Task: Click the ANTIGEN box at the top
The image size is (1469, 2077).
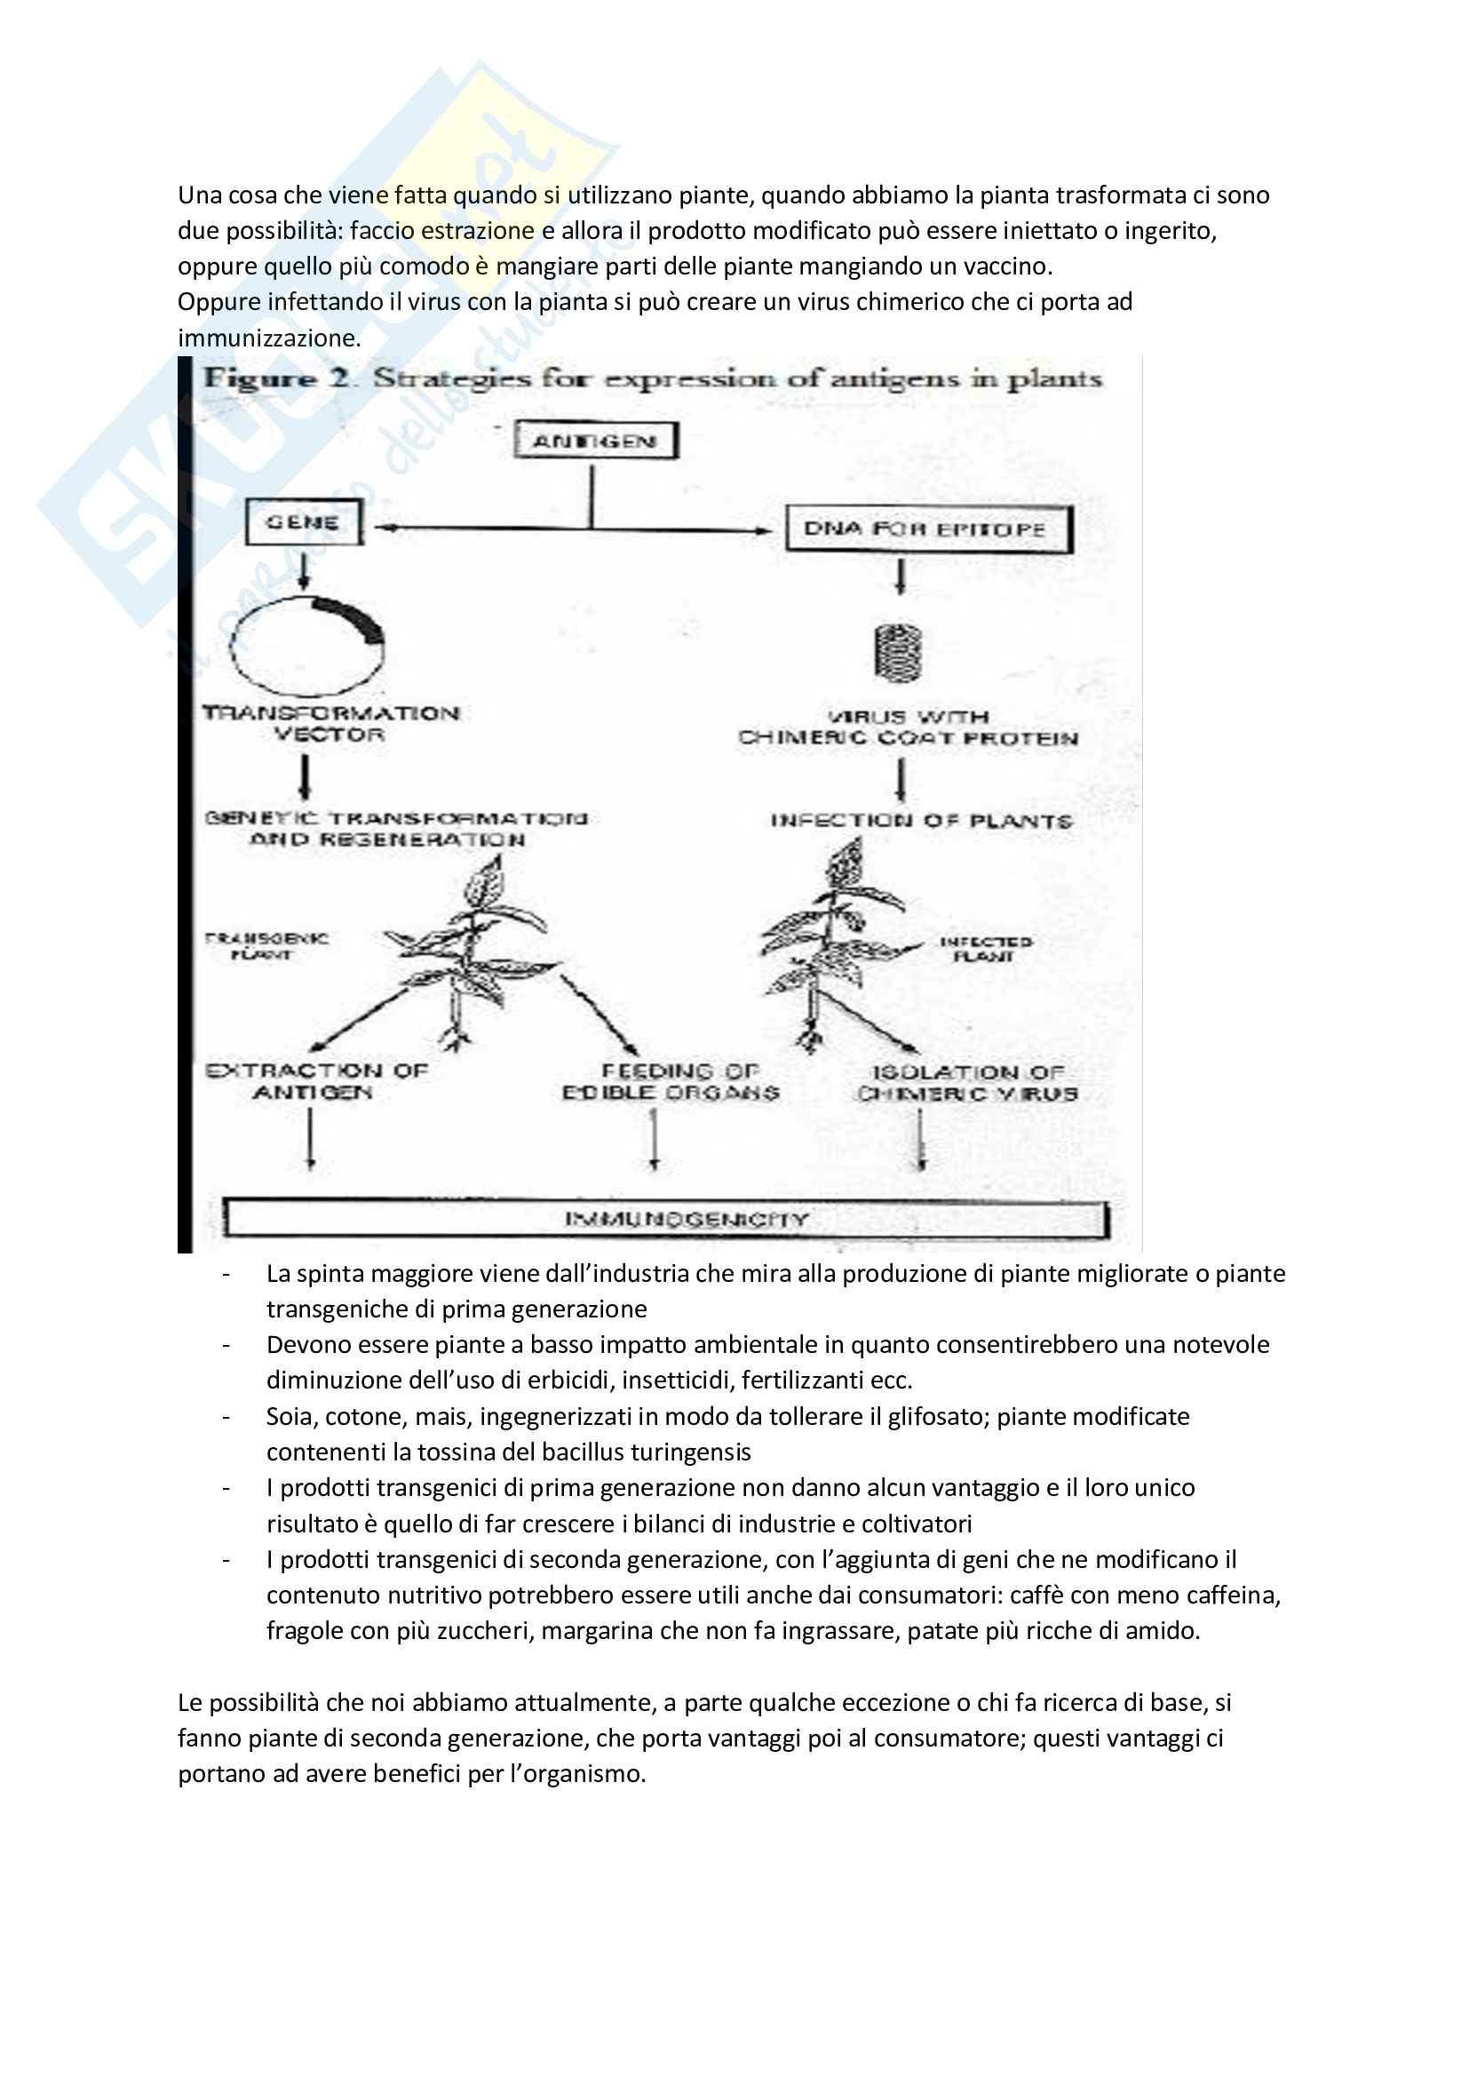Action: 595,442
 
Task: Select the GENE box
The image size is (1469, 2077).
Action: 303,523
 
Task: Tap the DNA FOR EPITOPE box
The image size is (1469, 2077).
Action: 926,529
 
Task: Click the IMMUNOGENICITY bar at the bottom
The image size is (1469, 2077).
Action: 666,1220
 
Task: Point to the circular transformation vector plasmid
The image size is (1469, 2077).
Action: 306,645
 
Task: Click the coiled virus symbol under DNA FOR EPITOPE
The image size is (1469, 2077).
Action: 899,652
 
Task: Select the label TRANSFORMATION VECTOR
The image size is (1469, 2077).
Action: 331,724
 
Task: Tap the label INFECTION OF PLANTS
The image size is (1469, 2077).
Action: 921,822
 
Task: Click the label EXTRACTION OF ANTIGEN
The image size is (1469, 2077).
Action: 315,1082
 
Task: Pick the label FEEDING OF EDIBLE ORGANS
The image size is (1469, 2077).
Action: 671,1082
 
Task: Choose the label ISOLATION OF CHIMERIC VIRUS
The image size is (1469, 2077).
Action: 968,1084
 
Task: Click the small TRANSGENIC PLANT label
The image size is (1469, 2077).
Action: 266,946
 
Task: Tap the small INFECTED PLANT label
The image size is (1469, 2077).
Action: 986,949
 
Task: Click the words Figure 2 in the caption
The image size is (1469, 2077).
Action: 276,378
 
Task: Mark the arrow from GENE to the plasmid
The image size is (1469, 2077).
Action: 304,570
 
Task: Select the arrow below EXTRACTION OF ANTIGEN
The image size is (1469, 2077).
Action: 310,1138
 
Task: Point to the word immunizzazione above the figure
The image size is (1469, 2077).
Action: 268,338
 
